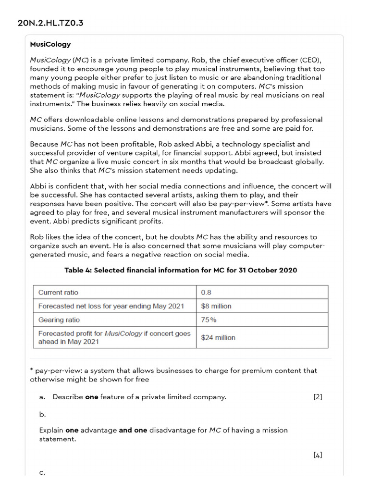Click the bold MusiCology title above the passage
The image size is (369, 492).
pyautogui.click(x=50, y=44)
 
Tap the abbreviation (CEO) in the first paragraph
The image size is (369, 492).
pyautogui.click(x=313, y=60)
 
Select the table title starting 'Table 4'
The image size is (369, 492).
pyautogui.click(x=181, y=270)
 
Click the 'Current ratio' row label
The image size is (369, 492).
pyautogui.click(x=58, y=292)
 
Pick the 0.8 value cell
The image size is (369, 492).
pyautogui.click(x=206, y=292)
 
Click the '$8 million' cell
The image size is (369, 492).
pyautogui.click(x=216, y=306)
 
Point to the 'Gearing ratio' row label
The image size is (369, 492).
pyautogui.click(x=59, y=320)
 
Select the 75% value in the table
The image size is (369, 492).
pyautogui.click(x=208, y=320)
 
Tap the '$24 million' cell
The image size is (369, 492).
pyautogui.click(x=218, y=337)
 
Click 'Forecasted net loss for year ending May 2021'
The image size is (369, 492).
pyautogui.click(x=111, y=306)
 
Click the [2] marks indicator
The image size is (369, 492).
pyautogui.click(x=317, y=397)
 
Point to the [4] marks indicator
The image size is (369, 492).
pyautogui.click(x=317, y=455)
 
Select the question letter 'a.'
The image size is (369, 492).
pyautogui.click(x=42, y=397)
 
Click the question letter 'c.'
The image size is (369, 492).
pyautogui.click(x=42, y=472)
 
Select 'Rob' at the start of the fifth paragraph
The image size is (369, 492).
pyautogui.click(x=37, y=237)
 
